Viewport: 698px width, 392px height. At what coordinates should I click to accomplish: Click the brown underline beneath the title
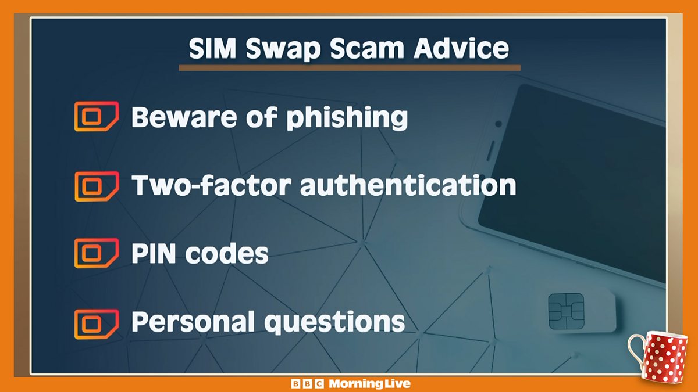[x=349, y=68]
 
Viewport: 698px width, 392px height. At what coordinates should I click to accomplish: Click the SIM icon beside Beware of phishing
[x=96, y=116]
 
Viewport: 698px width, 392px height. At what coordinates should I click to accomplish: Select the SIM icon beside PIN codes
[x=96, y=253]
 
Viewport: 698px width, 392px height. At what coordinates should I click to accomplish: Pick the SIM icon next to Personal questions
[x=96, y=323]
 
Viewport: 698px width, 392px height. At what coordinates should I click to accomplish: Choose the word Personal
[x=193, y=322]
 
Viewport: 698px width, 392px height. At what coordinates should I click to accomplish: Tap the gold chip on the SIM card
[x=565, y=311]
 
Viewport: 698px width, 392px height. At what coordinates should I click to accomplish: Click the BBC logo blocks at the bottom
[x=307, y=384]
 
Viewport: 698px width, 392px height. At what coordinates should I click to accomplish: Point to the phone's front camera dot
[x=498, y=124]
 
